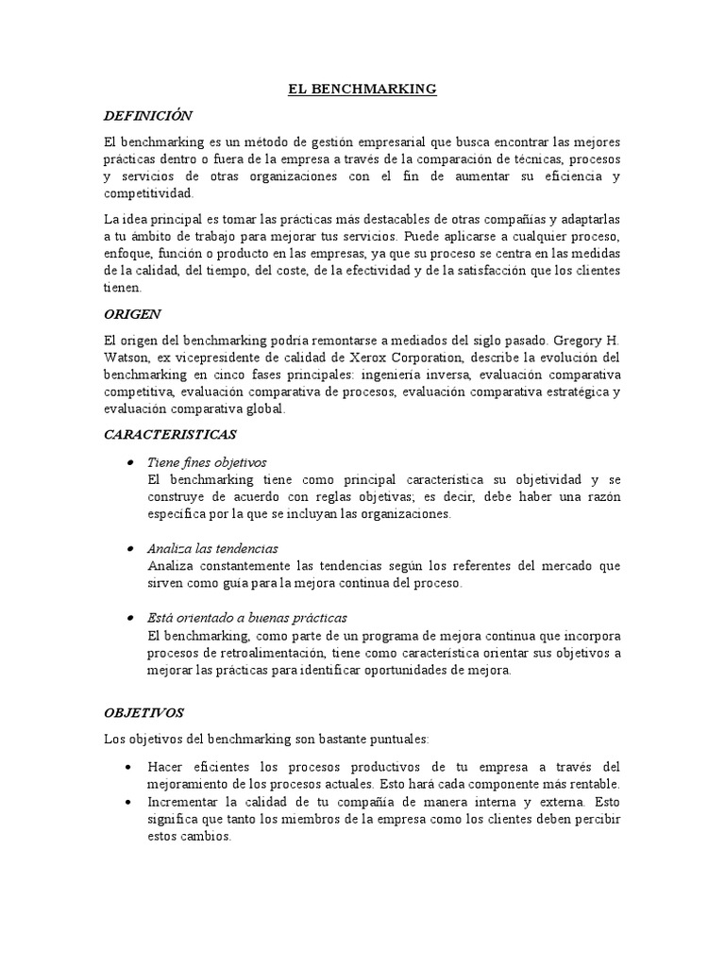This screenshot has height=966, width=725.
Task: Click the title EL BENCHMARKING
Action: click(x=362, y=89)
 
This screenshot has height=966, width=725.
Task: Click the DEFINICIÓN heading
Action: click(x=147, y=115)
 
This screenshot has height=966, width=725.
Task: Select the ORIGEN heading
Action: click(x=132, y=313)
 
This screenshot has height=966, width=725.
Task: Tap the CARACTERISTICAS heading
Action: click(x=170, y=435)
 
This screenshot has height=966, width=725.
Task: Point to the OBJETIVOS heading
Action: click(x=143, y=712)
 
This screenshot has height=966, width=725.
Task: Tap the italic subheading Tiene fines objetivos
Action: click(x=207, y=462)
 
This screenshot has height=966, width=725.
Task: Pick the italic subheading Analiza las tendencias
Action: click(x=212, y=548)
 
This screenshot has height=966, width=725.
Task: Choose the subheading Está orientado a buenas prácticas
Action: click(x=247, y=618)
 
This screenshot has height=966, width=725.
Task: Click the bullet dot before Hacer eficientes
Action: click(x=127, y=767)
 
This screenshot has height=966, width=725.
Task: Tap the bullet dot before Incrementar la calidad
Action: click(x=127, y=802)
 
